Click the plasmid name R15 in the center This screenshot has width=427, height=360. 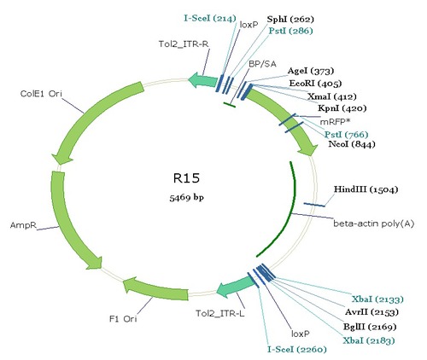(x=186, y=178)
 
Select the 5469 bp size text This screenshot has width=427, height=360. (x=187, y=197)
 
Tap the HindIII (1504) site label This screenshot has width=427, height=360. (x=366, y=189)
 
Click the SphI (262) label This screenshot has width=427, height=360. (x=290, y=20)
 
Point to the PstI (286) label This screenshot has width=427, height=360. (x=290, y=31)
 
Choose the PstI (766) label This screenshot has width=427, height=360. (x=347, y=135)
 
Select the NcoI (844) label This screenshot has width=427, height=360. (x=352, y=144)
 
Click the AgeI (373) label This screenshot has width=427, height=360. (x=311, y=71)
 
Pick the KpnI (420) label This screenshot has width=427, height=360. (x=342, y=108)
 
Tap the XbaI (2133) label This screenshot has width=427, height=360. (x=377, y=299)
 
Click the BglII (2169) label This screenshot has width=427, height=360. (x=370, y=327)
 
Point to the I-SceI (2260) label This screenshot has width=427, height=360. (x=296, y=350)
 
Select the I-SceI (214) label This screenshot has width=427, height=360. (x=210, y=19)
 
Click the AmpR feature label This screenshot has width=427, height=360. (x=23, y=225)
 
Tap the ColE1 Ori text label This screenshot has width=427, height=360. (x=41, y=94)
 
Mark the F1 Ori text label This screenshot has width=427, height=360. (x=123, y=319)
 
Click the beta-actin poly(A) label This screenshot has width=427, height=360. (x=374, y=224)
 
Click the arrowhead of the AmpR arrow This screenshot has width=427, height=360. (x=96, y=263)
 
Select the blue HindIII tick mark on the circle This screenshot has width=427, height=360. (x=314, y=205)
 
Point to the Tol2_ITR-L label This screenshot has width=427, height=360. (x=220, y=314)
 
